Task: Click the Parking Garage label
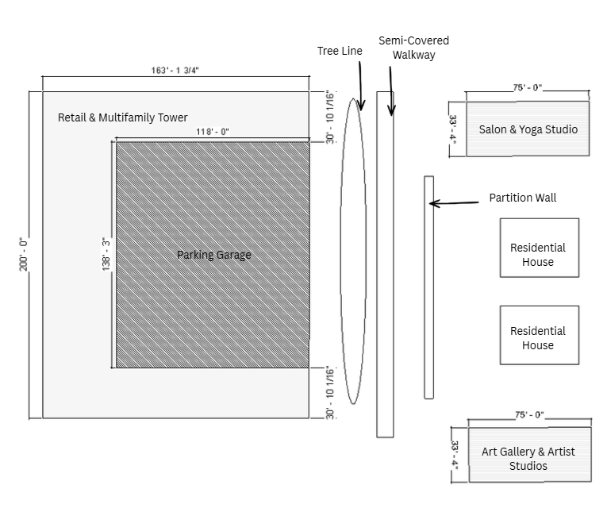click(214, 255)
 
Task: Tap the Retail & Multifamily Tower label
click(123, 117)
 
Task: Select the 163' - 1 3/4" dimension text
click(175, 71)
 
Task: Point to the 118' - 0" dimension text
click(213, 133)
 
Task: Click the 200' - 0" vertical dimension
click(23, 254)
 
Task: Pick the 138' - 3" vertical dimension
click(106, 254)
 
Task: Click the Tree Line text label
click(340, 51)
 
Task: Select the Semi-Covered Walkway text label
click(413, 48)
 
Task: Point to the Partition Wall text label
click(522, 198)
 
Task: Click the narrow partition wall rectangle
click(428, 287)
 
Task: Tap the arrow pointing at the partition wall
click(454, 203)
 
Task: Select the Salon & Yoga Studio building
click(528, 129)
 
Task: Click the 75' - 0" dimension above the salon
click(528, 88)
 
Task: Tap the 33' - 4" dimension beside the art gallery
click(455, 455)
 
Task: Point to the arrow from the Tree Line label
click(359, 83)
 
